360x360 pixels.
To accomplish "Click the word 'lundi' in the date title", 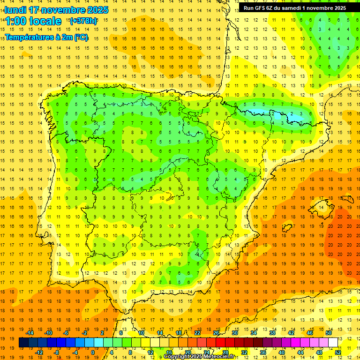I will pos(15,10).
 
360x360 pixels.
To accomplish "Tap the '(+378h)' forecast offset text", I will pos(83,21).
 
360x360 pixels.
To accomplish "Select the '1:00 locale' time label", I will pos(33,21).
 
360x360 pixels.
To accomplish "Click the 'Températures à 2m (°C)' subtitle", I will pos(46,37).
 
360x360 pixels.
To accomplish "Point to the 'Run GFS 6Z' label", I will pos(262,8).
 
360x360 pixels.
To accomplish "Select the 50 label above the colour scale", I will pos(329,333).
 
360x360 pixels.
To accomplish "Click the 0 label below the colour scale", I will pos(93,352).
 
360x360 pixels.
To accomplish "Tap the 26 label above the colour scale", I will pos(216,333).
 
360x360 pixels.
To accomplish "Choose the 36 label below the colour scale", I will pos(263,352).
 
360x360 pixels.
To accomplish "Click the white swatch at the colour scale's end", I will pos(333,343).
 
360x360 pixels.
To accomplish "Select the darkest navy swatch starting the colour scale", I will pos(23,343).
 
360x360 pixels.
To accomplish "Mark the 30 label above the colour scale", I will pos(235,333).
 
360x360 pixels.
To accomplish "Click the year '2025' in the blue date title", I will pos(97,10).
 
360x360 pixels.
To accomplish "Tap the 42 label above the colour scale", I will pos(291,333).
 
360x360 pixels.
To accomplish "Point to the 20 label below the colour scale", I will pos(188,352).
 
